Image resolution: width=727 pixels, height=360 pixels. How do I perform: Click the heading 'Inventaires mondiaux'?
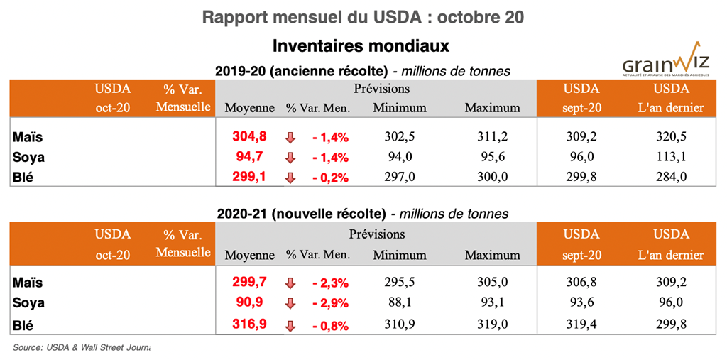point(363,46)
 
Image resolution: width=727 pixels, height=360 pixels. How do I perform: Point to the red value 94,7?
point(252,157)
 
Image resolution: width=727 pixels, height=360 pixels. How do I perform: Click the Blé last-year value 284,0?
point(671,178)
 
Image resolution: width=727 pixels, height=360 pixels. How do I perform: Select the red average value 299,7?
point(249,283)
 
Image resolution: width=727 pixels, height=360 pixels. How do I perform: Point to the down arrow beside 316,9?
point(290,327)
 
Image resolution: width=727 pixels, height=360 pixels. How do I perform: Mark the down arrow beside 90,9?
point(290,303)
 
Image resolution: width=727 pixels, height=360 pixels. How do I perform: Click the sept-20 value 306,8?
point(581,283)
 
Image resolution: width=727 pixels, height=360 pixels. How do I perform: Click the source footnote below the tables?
point(81,348)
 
